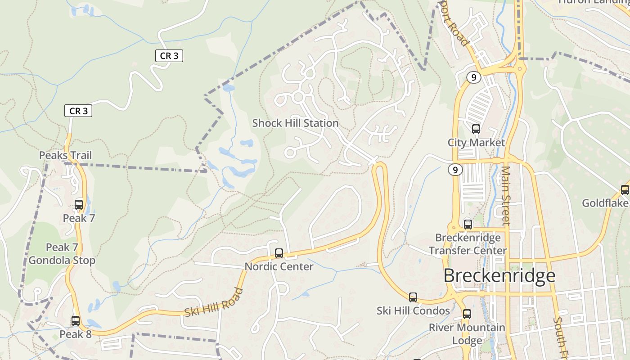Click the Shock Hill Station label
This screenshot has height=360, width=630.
click(x=295, y=123)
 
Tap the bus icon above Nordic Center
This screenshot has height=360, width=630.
click(x=279, y=253)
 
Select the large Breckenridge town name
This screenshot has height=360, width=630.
click(x=499, y=275)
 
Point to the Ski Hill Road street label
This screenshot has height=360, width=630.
click(x=214, y=301)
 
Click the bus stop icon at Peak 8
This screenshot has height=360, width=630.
click(x=76, y=321)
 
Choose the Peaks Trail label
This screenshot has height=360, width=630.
click(x=65, y=155)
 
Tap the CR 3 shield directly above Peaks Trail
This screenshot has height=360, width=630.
click(x=78, y=111)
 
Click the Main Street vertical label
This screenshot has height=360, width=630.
click(x=506, y=196)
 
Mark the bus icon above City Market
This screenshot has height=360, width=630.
click(x=476, y=130)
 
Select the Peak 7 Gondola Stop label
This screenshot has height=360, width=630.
click(x=62, y=254)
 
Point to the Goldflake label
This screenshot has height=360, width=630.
click(x=605, y=203)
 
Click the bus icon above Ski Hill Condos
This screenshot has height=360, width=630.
click(x=413, y=297)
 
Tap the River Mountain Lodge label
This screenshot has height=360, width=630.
click(x=467, y=333)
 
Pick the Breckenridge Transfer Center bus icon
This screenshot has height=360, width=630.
click(x=468, y=224)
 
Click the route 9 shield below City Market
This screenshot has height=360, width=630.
click(x=455, y=170)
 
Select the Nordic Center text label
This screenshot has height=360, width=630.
click(x=279, y=266)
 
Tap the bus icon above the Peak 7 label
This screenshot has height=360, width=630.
click(x=79, y=205)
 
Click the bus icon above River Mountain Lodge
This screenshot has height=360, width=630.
click(x=467, y=314)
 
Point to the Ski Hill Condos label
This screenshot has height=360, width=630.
click(x=413, y=310)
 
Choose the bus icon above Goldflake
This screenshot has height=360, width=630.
click(x=625, y=190)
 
